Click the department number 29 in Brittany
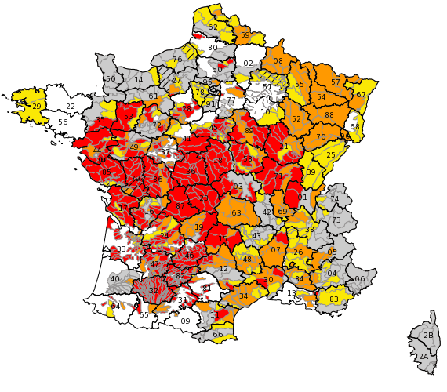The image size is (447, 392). click(x=36, y=106)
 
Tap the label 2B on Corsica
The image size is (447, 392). click(x=428, y=336)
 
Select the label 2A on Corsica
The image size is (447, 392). click(x=423, y=357)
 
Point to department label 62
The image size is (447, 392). click(x=213, y=27)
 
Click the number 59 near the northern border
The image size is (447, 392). click(x=245, y=35)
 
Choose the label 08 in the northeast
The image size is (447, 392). click(x=278, y=60)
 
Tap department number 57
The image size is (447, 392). click(x=336, y=82)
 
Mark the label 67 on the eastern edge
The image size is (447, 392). click(x=361, y=94)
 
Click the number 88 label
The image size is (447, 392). click(x=329, y=115)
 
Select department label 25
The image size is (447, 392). click(x=330, y=155)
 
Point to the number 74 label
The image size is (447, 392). click(x=335, y=199)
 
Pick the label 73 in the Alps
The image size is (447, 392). click(x=336, y=220)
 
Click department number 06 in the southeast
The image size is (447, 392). click(x=360, y=279)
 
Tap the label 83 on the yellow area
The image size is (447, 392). click(x=334, y=299)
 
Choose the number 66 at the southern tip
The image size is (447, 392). click(x=218, y=335)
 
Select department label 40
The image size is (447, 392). click(x=115, y=278)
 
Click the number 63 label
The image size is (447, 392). click(x=236, y=212)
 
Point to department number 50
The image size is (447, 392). click(x=111, y=78)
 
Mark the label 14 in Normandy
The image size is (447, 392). click(x=138, y=79)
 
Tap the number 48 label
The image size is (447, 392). click(x=247, y=259)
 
